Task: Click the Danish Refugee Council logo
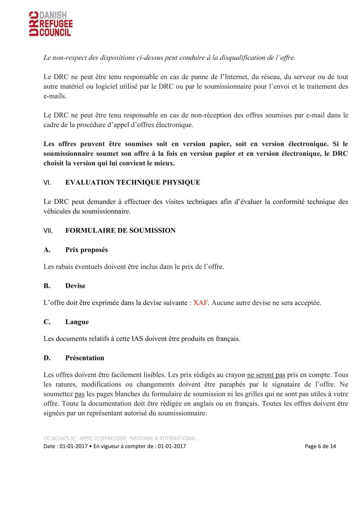(50, 24)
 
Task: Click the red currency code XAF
(200, 303)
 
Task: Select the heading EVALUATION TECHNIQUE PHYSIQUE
(132, 183)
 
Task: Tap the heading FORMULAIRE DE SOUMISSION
(120, 230)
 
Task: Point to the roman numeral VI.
(47, 183)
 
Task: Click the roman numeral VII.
(48, 230)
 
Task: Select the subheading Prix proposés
(86, 250)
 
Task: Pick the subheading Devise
(75, 286)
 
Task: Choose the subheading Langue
(77, 322)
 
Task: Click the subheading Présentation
(85, 357)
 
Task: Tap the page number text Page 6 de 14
(320, 446)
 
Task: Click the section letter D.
(47, 357)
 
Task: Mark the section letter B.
(47, 286)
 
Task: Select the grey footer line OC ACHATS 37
(120, 438)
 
